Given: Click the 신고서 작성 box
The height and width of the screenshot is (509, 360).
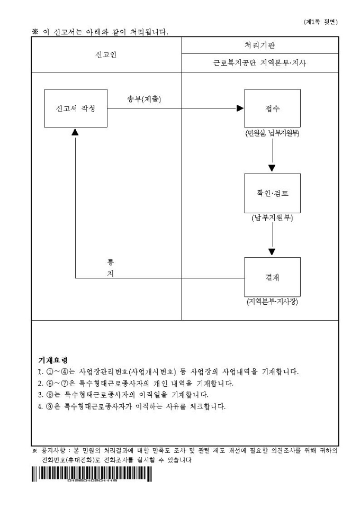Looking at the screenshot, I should pos(76,108).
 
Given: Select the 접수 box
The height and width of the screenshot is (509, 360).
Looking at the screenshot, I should pos(272,108).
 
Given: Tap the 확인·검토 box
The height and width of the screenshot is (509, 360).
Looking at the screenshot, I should pos(272,193).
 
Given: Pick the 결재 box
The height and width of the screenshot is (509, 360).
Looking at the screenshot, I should pos(272,277).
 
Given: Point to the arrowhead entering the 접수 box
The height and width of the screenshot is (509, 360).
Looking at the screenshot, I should pos(240,108).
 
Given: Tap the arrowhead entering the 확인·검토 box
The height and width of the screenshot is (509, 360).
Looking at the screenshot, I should pos(272,168).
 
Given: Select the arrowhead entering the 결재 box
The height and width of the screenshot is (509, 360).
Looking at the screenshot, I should pos(272,252).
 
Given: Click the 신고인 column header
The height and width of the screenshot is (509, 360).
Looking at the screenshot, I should pos(106,54).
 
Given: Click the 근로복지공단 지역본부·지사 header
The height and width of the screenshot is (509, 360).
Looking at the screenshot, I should pos(260,63).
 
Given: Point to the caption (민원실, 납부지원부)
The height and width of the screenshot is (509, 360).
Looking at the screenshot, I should pos(272,133).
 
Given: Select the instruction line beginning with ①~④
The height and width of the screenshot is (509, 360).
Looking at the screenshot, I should pos(172,371).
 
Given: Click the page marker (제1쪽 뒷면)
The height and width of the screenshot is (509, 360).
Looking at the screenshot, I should pos(321,22).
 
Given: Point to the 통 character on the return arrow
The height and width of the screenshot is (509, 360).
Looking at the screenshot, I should pos(111,262).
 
